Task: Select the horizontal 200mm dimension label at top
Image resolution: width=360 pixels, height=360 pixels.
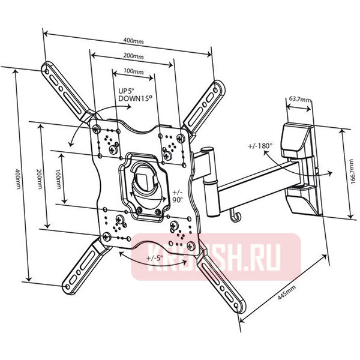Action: pos(133,56)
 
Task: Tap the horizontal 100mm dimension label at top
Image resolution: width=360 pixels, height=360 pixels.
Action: pos(133,71)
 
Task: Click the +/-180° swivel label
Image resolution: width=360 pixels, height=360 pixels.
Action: pos(260,145)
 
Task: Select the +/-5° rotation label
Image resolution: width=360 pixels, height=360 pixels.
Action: pos(155,259)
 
